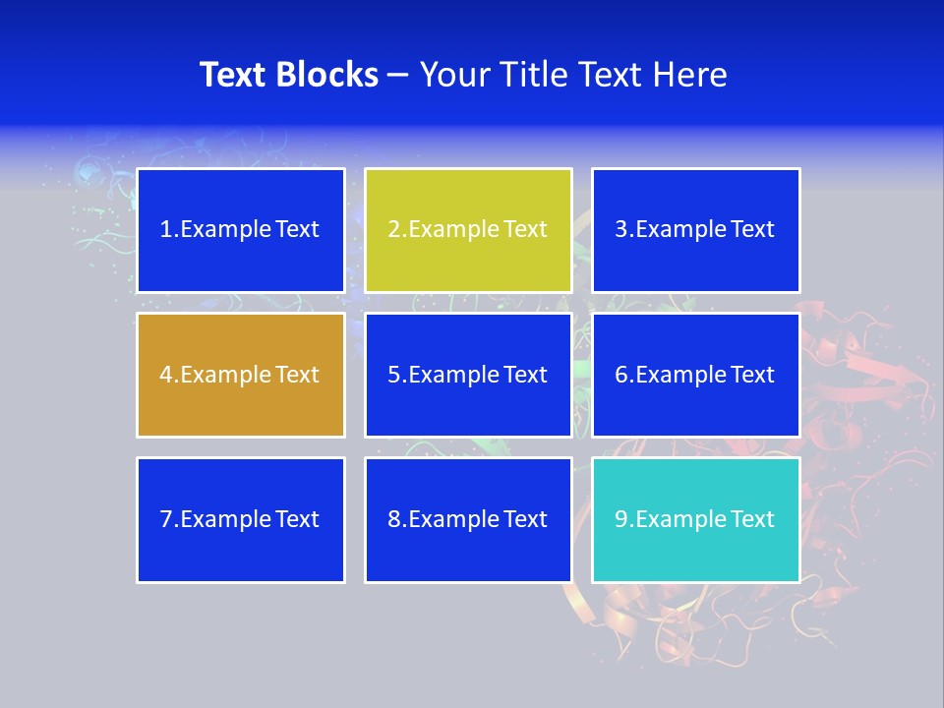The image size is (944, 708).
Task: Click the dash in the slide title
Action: click(x=398, y=75)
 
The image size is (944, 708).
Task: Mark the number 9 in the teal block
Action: click(x=621, y=519)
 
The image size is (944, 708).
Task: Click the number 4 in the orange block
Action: click(x=166, y=375)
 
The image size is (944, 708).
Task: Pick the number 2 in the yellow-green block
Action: click(x=394, y=229)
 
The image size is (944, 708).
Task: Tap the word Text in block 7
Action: click(x=297, y=519)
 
